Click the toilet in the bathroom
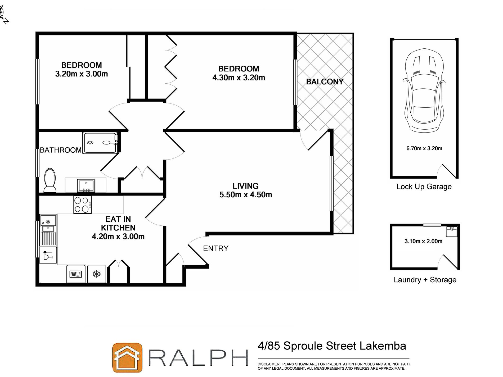click(x=50, y=180)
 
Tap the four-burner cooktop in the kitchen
click(x=82, y=205)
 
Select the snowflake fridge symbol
click(x=97, y=274)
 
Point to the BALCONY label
click(x=325, y=82)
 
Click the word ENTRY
click(x=215, y=248)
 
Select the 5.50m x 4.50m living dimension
click(x=245, y=195)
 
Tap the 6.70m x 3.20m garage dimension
click(x=424, y=148)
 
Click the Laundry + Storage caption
click(x=425, y=280)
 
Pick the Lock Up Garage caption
click(x=424, y=187)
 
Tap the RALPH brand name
click(x=198, y=358)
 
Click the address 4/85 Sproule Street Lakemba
click(x=332, y=346)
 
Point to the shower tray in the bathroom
click(x=100, y=143)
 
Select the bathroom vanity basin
click(x=86, y=185)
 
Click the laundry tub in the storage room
click(x=452, y=232)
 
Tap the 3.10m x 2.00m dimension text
click(x=423, y=241)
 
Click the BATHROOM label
click(x=61, y=150)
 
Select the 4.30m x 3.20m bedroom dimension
click(x=239, y=78)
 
